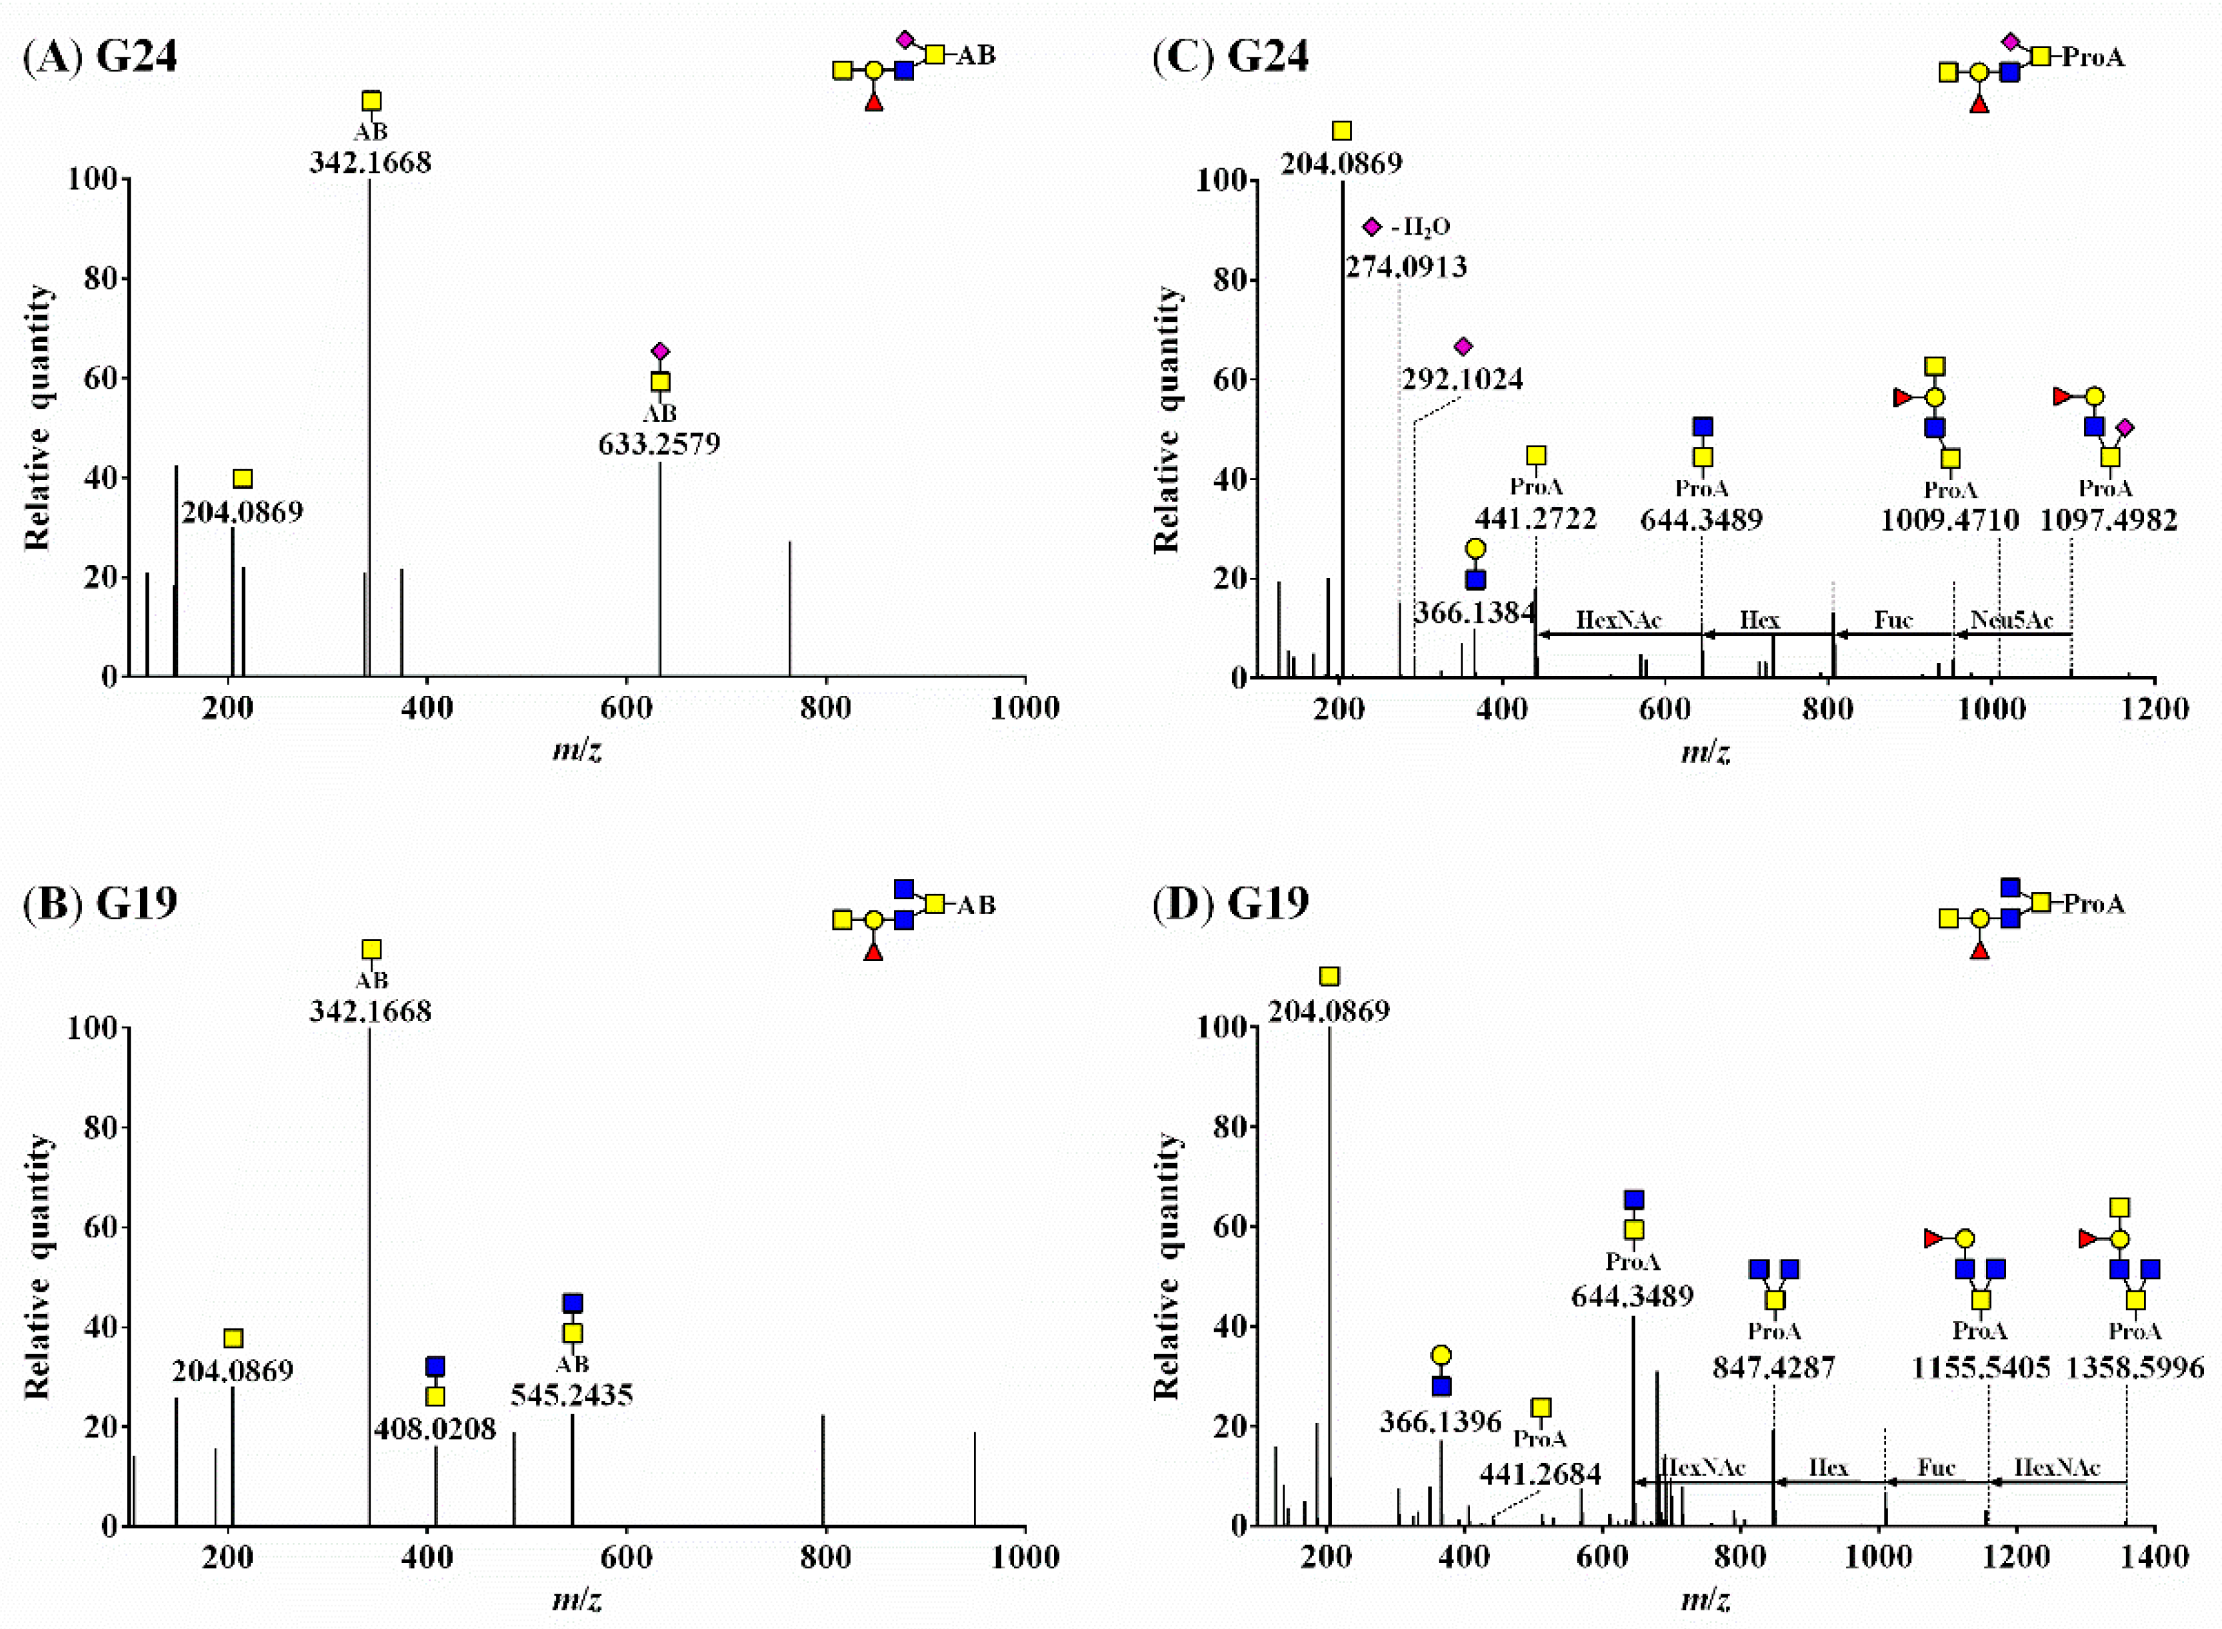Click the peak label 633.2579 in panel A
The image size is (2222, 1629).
click(659, 444)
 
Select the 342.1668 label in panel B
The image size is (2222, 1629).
click(370, 1010)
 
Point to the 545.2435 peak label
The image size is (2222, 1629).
click(571, 1394)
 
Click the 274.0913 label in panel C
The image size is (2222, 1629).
click(1405, 266)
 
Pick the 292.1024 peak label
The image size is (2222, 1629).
click(1461, 379)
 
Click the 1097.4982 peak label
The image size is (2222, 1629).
click(2107, 520)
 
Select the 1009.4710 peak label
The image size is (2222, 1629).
click(1949, 520)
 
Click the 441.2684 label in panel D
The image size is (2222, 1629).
click(1539, 1474)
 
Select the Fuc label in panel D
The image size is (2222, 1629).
click(1935, 1467)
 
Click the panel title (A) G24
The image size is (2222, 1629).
click(99, 55)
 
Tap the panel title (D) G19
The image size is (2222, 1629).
click(1230, 902)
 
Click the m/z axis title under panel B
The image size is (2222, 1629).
click(577, 1598)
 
